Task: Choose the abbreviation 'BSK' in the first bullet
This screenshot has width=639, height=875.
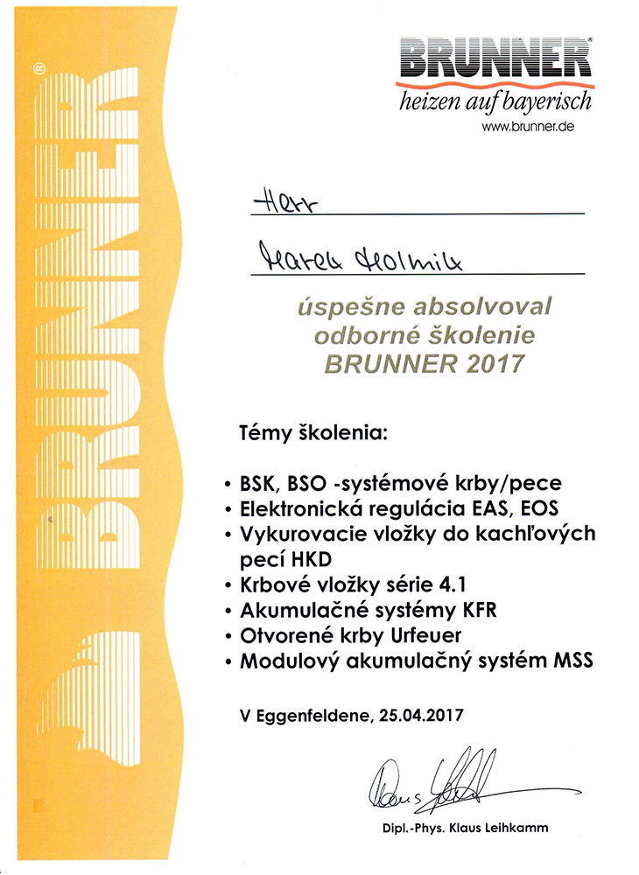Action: click(260, 483)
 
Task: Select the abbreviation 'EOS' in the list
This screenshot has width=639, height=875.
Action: click(537, 507)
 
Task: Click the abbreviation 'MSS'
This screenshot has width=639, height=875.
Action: click(573, 661)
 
